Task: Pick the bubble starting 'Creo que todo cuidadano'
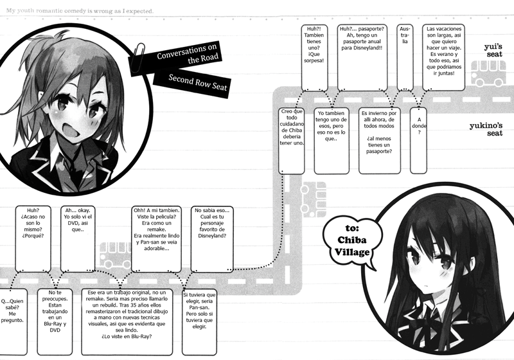click(x=293, y=139)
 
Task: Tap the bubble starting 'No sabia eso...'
click(x=212, y=238)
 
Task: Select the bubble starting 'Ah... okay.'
click(x=78, y=238)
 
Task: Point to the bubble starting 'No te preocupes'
click(x=55, y=318)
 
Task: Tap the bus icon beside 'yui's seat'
click(x=488, y=73)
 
